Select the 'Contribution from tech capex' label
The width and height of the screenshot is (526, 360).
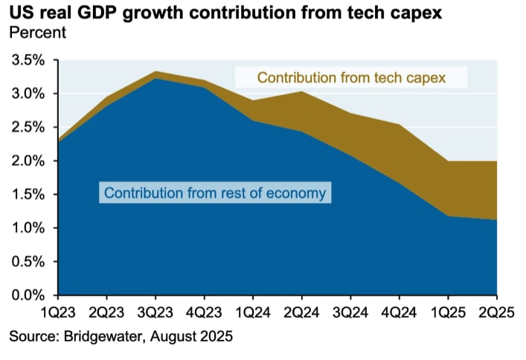click(351, 77)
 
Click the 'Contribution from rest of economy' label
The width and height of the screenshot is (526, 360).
click(215, 193)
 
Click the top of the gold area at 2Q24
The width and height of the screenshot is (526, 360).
click(301, 91)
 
